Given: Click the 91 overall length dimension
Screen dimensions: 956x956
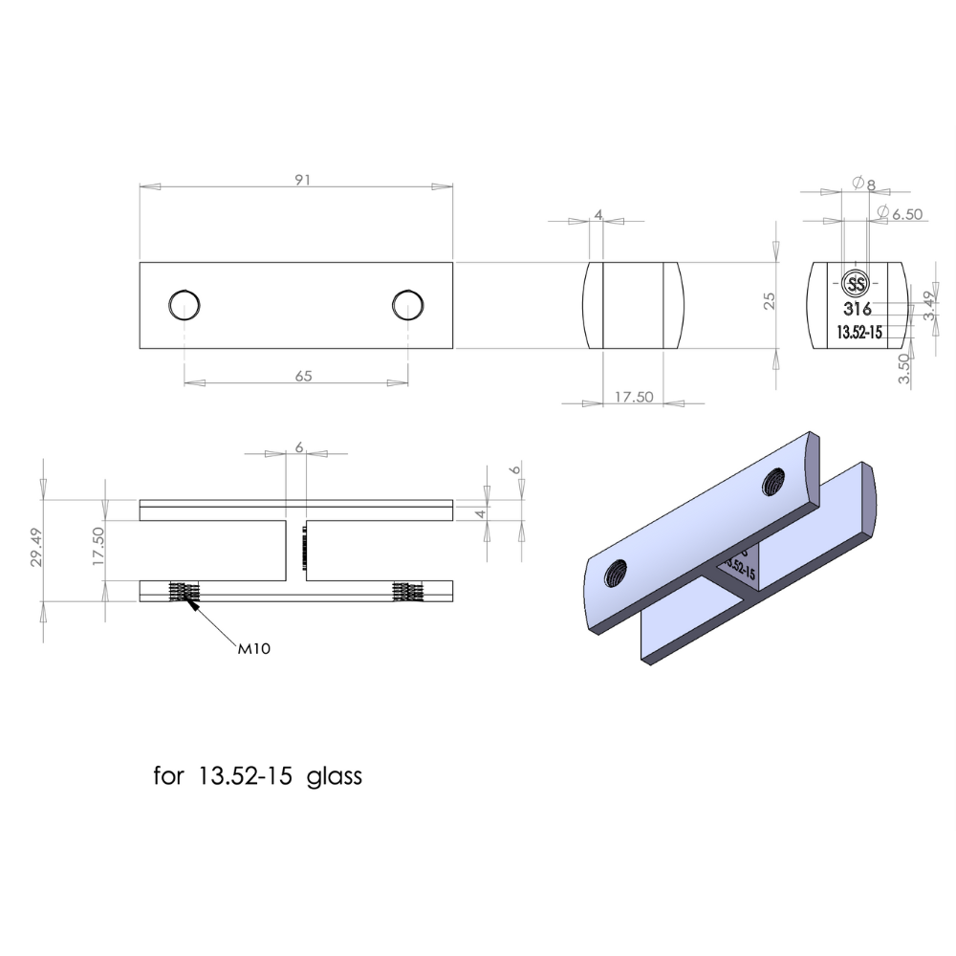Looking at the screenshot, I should [x=303, y=180].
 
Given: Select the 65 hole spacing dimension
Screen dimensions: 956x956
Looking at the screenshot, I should [x=303, y=376].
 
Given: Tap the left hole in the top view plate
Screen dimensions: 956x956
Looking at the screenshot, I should [x=184, y=305].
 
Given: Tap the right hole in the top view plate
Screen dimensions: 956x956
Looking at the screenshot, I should [x=408, y=305].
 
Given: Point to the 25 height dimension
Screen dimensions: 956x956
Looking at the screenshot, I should [x=769, y=302].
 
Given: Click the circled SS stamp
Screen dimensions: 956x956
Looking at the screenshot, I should [x=856, y=284].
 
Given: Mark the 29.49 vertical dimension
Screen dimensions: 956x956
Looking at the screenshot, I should [x=35, y=546].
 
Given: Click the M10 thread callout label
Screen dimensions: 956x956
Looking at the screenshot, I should [x=254, y=649].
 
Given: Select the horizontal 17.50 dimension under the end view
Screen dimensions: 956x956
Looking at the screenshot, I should [x=633, y=397].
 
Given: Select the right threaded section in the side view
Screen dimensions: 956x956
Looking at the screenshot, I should [x=407, y=591].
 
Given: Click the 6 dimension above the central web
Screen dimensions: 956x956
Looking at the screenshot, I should [x=298, y=446].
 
